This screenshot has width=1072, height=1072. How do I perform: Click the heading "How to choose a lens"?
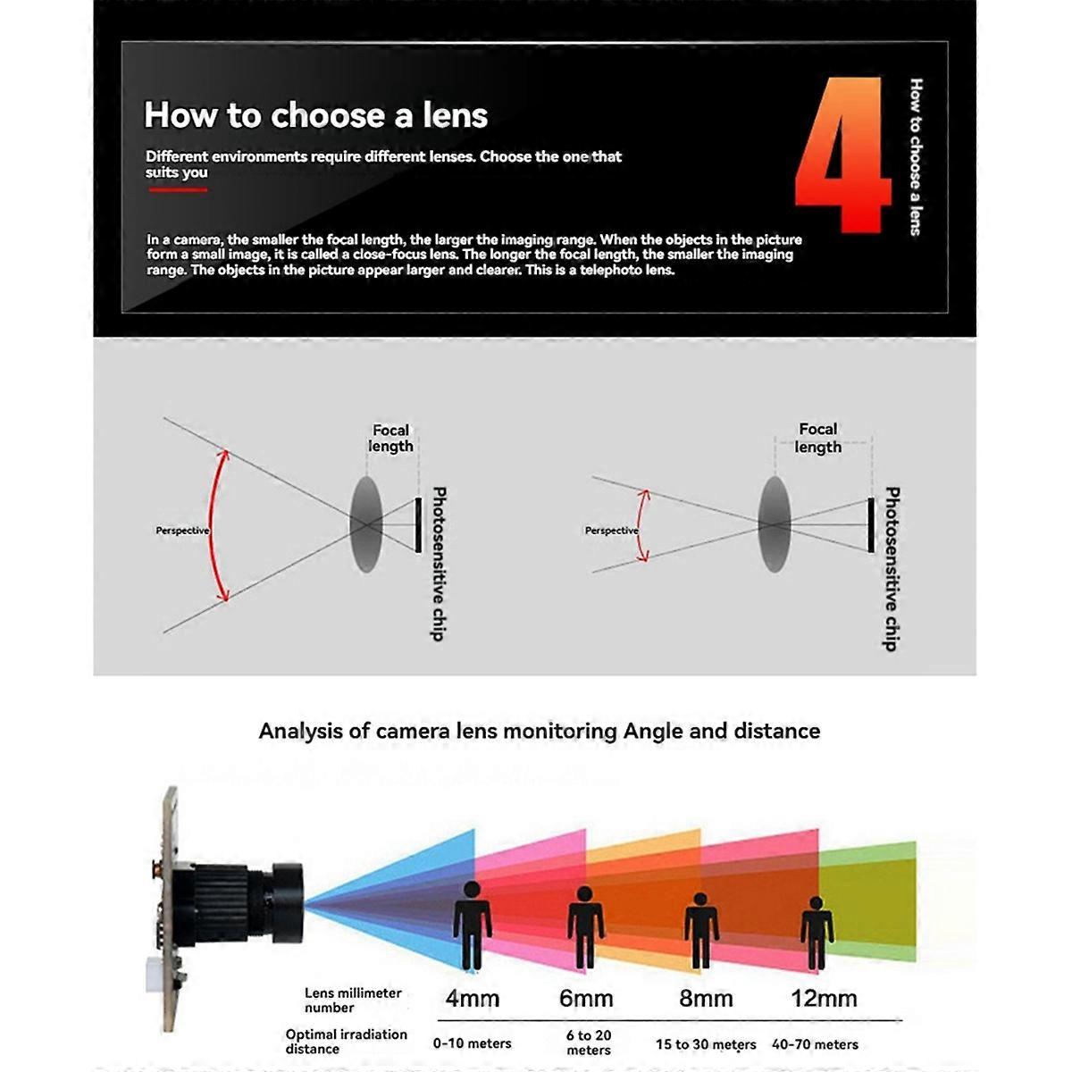click(x=315, y=115)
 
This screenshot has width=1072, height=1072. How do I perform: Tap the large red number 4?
click(x=842, y=156)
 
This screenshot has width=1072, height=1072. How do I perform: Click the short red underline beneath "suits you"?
click(x=177, y=189)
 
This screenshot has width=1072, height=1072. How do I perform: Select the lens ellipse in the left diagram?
click(x=365, y=523)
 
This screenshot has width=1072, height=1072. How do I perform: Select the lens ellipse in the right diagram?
click(x=775, y=523)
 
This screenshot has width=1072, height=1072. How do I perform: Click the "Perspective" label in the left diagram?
click(x=182, y=531)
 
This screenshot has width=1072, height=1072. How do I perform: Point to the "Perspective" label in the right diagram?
click(x=611, y=531)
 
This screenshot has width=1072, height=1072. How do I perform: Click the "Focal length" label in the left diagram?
click(x=391, y=438)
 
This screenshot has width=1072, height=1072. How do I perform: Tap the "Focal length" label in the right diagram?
click(x=818, y=438)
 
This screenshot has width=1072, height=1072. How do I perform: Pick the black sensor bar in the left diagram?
click(x=417, y=525)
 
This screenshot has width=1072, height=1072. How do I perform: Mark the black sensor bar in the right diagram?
click(x=871, y=525)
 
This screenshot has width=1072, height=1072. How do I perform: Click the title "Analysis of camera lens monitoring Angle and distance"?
click(x=539, y=731)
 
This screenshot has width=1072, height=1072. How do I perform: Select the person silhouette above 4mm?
click(x=472, y=925)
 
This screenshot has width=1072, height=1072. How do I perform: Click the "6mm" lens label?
click(x=586, y=998)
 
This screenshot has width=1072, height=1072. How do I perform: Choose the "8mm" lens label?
click(x=706, y=998)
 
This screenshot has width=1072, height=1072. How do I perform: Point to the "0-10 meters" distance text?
click(x=472, y=1043)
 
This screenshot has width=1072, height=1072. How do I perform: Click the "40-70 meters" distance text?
click(x=815, y=1043)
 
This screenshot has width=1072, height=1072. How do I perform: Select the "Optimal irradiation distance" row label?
click(x=346, y=1041)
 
